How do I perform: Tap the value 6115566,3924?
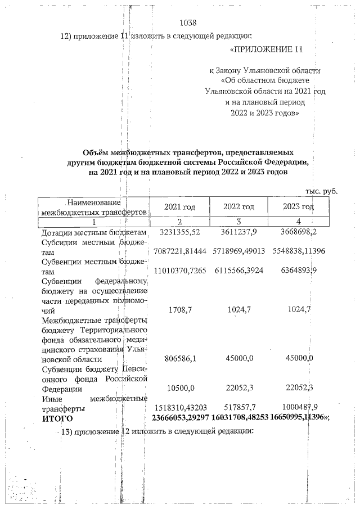point(239,271)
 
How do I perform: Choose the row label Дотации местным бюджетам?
point(93,232)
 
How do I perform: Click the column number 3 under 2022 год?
point(239,222)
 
